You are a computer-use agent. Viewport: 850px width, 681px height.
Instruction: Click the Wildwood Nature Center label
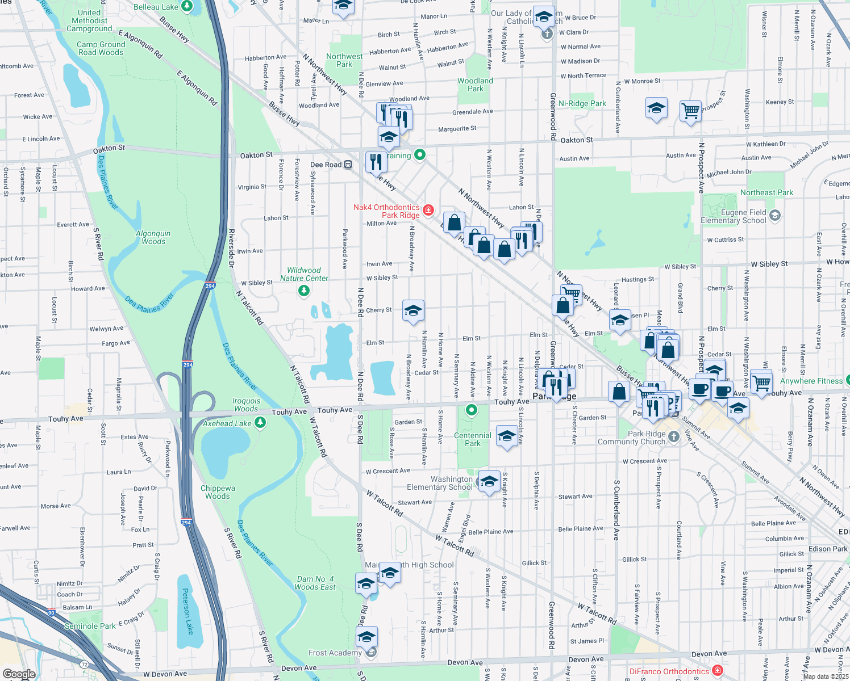coord(304,275)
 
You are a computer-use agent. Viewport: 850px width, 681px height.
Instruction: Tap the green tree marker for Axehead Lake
coord(260,422)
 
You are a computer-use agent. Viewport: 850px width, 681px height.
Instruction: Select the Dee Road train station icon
coord(348,165)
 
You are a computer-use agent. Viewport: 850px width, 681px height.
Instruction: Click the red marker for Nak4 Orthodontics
coord(428,211)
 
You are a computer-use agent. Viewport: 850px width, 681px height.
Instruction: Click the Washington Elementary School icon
coord(489,482)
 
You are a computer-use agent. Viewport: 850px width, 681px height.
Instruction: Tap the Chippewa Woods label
coord(218,492)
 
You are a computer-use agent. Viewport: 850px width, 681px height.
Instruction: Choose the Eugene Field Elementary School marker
coord(775,216)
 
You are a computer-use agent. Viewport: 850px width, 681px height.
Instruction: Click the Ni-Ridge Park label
coord(582,103)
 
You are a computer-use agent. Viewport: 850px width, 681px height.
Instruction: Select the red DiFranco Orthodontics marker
coord(718,671)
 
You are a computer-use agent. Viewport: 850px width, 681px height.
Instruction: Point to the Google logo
coord(19,674)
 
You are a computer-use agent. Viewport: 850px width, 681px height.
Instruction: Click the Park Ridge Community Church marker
coord(674,436)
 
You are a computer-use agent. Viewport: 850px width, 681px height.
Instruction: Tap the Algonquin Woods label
coord(153,237)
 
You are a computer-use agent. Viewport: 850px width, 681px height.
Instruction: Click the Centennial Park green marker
coord(472,410)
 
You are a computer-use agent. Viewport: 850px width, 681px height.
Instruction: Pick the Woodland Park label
coord(476,85)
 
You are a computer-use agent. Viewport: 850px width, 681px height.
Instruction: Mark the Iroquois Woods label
coord(246,405)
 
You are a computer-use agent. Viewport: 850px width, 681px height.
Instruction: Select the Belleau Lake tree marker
coord(187,7)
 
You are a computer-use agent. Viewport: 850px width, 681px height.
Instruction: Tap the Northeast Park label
coord(766,193)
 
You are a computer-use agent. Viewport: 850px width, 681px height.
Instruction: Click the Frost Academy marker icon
coord(371,653)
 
